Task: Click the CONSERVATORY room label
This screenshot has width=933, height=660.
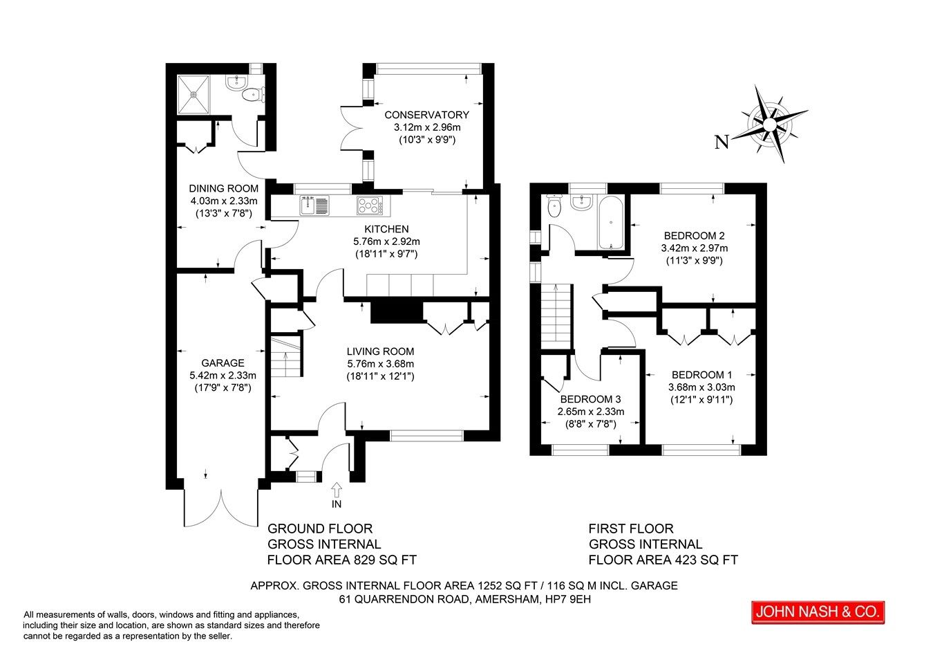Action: (426, 115)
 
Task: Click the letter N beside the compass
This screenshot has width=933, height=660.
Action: (722, 143)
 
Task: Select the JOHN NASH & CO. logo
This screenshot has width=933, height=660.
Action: (818, 612)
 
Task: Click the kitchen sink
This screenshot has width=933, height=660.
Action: (315, 205)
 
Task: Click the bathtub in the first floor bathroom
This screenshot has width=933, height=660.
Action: (612, 223)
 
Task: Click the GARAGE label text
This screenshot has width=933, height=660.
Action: (223, 363)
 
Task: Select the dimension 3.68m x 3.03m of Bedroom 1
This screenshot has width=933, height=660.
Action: (701, 387)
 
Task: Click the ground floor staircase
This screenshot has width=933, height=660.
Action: (286, 356)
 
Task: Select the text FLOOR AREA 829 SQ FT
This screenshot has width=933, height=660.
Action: (341, 560)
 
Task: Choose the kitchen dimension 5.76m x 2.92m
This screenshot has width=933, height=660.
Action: (386, 241)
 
